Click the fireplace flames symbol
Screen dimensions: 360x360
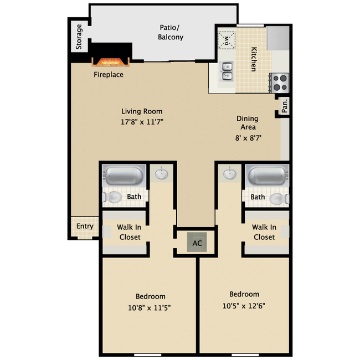click(x=110, y=60)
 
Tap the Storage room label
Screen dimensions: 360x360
click(x=79, y=37)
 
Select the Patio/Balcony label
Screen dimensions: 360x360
click(x=171, y=32)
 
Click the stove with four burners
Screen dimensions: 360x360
click(x=280, y=83)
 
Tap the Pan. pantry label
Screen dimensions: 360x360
click(x=285, y=106)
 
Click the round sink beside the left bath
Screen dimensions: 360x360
click(x=162, y=174)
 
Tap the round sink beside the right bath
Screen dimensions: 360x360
click(x=230, y=174)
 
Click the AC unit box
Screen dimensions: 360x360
click(x=197, y=243)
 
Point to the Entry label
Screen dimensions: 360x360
click(x=85, y=227)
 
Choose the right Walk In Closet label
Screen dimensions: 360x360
click(x=264, y=232)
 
